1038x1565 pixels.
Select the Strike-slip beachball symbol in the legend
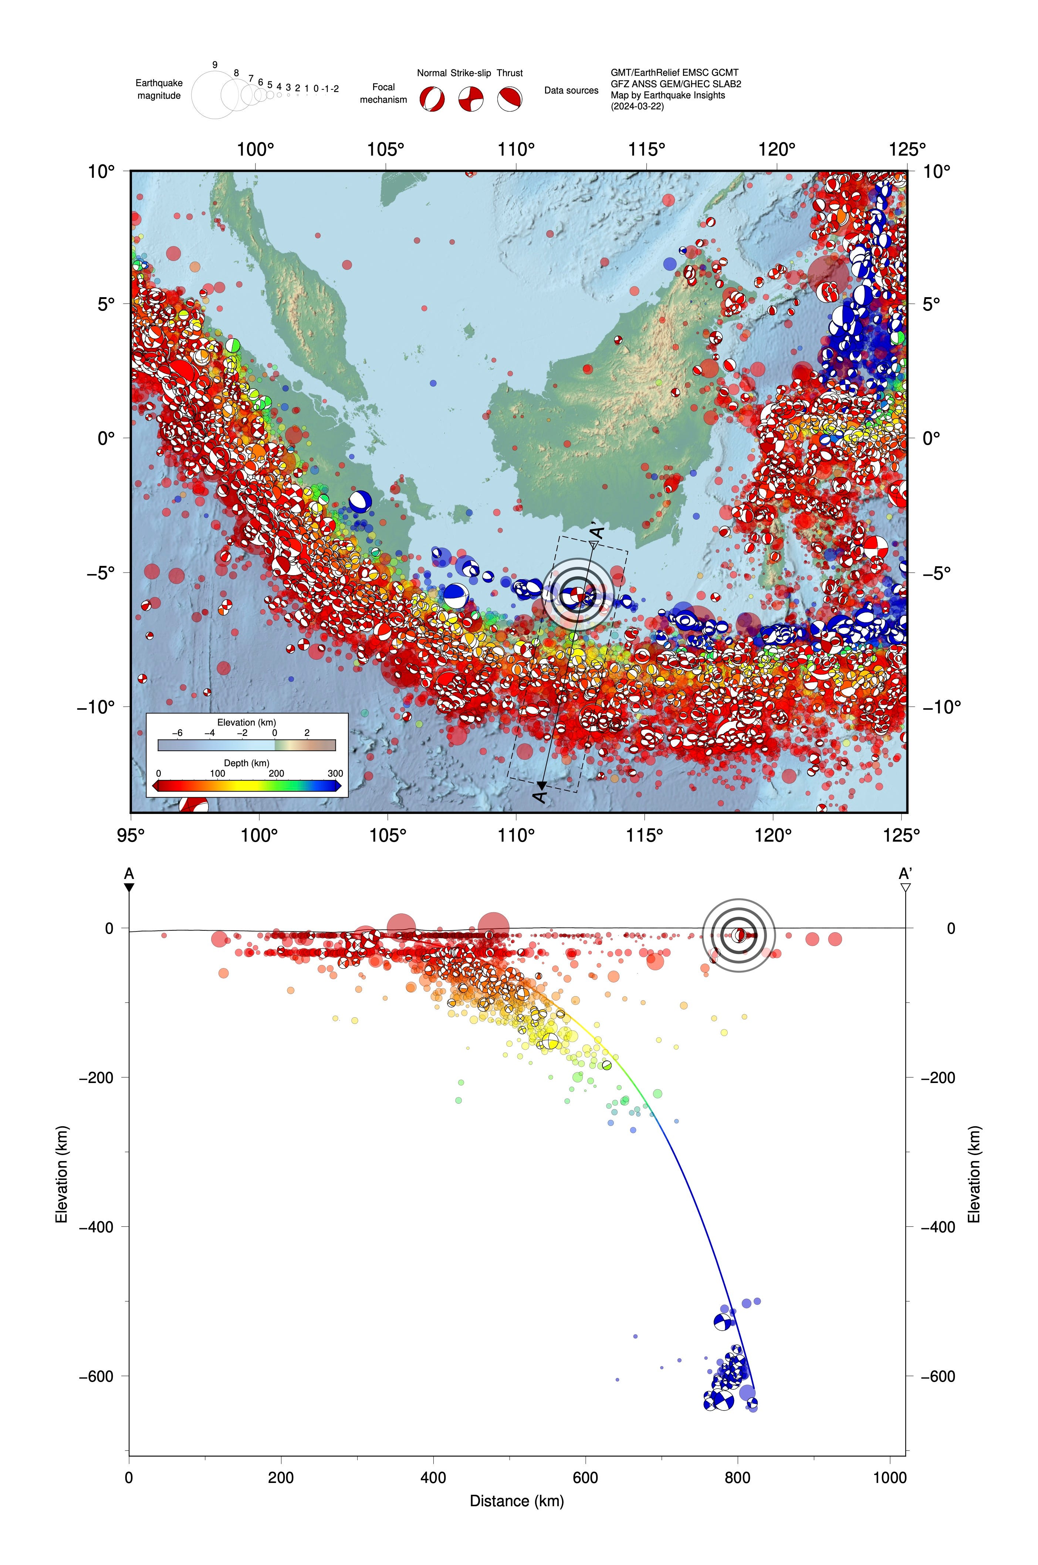click(471, 99)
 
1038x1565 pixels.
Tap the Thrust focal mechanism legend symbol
click(510, 99)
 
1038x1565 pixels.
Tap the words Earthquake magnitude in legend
click(159, 89)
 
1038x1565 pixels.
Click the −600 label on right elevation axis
click(938, 1376)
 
